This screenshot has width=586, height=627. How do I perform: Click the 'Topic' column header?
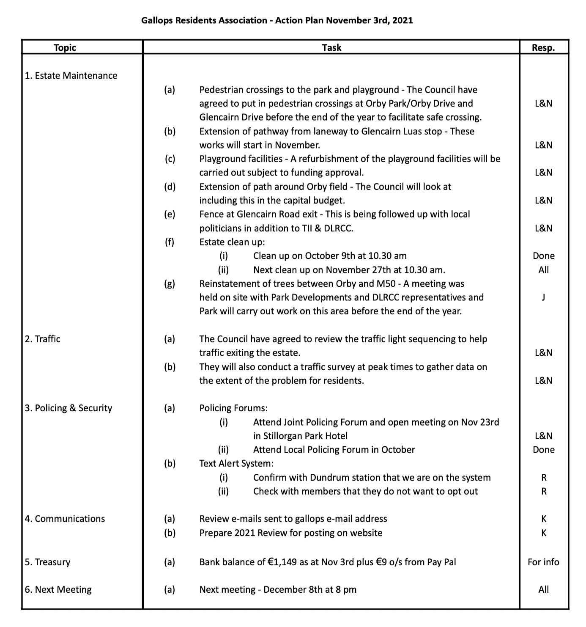[65, 47]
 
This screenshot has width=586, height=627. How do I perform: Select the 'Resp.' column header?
[543, 47]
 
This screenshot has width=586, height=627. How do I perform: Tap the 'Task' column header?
[331, 47]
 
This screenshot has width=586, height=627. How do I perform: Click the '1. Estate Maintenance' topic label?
[71, 76]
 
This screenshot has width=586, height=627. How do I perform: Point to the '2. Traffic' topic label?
[42, 339]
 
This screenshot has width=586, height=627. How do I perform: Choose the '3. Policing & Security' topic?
[68, 408]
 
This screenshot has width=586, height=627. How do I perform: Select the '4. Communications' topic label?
[65, 519]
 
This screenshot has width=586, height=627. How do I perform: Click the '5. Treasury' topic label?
[47, 562]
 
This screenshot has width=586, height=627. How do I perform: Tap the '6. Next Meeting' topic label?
[58, 590]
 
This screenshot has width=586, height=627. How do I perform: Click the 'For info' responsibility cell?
[543, 562]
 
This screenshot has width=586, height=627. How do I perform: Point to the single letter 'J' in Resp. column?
[543, 297]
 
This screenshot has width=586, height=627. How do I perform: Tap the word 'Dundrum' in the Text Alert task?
[328, 478]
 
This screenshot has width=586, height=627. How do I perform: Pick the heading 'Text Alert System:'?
[236, 464]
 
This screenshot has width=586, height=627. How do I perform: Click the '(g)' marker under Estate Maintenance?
[170, 283]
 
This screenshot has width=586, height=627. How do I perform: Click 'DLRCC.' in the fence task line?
[338, 228]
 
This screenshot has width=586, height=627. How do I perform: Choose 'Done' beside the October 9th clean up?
[543, 256]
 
